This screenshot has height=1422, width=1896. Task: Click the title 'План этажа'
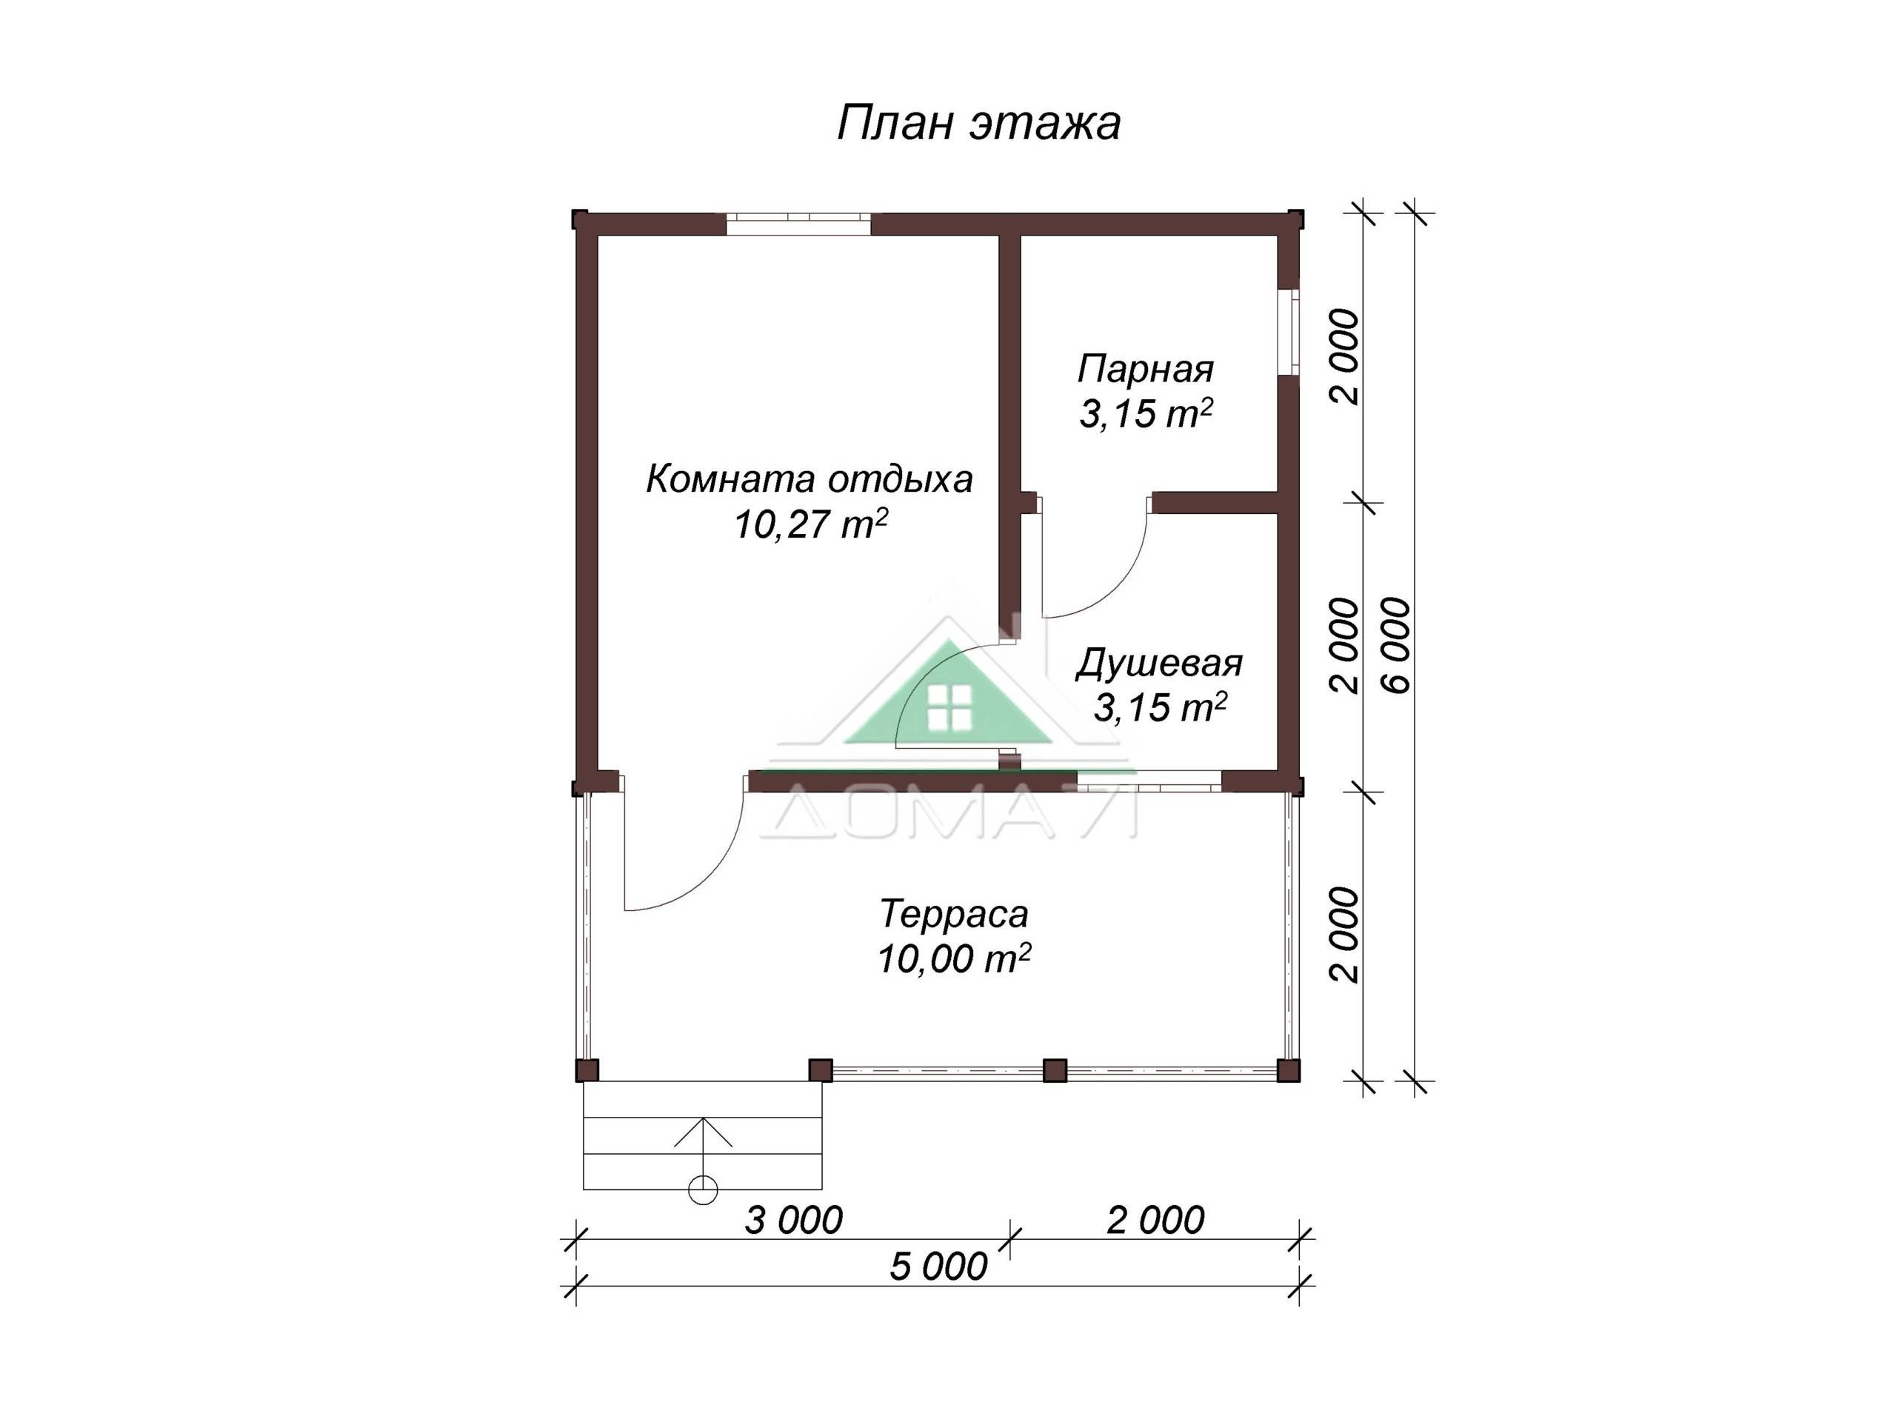(x=978, y=124)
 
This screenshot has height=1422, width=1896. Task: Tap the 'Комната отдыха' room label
(x=810, y=479)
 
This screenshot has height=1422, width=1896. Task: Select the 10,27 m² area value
(x=810, y=524)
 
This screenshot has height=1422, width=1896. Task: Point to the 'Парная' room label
(x=1145, y=370)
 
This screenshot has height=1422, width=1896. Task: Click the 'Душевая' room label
(x=1159, y=664)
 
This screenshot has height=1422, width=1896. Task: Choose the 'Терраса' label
(x=953, y=915)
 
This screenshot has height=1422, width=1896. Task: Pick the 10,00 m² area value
(x=953, y=958)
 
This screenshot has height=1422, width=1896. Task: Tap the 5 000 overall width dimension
(x=938, y=1266)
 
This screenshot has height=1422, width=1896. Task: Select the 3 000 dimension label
(x=794, y=1220)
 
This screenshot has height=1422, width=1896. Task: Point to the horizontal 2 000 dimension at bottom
(x=1155, y=1220)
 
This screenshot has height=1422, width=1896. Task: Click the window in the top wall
(x=799, y=223)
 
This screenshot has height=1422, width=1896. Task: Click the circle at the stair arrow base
(x=703, y=1189)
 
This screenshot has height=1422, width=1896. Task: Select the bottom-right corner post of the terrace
(x=1288, y=1070)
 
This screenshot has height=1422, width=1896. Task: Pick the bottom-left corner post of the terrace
(x=587, y=1070)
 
